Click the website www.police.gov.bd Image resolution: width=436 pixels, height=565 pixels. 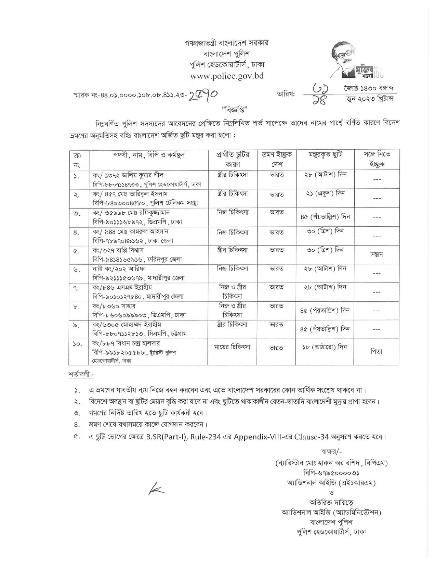[x=227, y=75]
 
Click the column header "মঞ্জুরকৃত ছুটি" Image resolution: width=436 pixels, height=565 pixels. [x=325, y=155]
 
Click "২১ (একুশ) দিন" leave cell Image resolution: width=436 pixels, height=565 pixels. [x=325, y=193]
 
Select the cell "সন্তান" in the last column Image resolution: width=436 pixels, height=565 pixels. [x=376, y=254]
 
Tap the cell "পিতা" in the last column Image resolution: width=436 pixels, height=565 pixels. [x=376, y=351]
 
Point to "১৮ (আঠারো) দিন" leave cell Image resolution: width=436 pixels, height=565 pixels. [x=325, y=347]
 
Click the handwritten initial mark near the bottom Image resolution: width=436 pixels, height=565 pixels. [x=157, y=490]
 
